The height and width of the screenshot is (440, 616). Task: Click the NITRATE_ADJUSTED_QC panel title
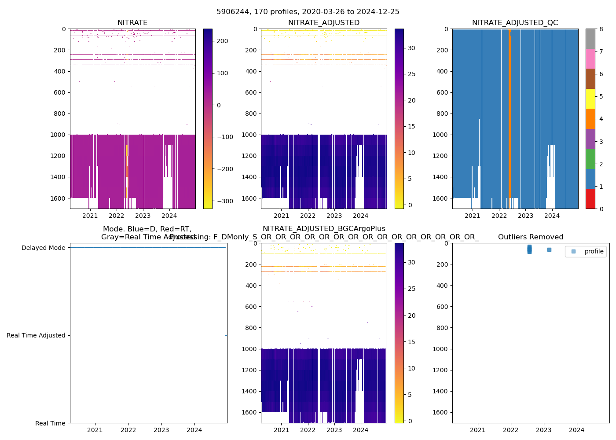point(515,23)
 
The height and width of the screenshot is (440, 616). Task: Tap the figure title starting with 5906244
point(308,12)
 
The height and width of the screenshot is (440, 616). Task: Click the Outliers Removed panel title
point(530,237)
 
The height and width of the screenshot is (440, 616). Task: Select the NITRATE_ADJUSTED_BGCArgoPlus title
point(324,229)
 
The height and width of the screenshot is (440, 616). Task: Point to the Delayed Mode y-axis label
point(43,248)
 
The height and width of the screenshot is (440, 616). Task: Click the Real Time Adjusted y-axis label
point(36,335)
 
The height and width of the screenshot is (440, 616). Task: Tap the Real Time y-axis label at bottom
point(50,423)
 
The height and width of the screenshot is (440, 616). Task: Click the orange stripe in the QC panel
point(510,119)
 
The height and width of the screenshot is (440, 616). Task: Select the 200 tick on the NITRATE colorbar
point(223,41)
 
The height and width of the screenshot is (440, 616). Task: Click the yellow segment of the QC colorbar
point(590,99)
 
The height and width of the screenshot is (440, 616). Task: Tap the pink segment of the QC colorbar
point(590,59)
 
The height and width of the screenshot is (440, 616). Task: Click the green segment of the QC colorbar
point(590,158)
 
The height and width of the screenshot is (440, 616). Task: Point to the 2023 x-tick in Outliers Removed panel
point(544,430)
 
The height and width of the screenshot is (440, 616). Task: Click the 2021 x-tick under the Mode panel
point(95,430)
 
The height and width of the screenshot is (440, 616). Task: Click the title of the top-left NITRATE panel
point(132,23)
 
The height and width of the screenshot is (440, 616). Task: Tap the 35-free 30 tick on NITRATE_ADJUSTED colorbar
point(411,48)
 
